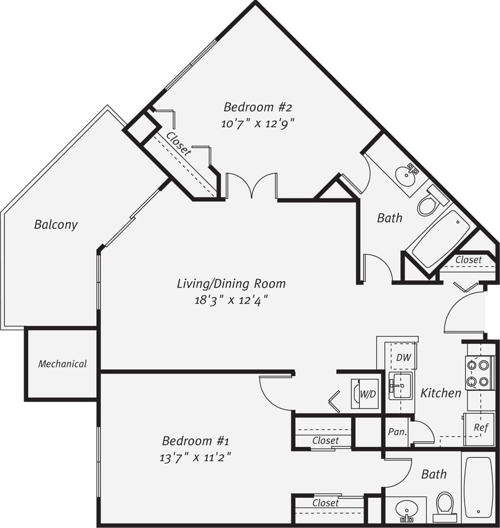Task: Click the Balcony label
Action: click(56, 224)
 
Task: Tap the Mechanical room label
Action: click(62, 364)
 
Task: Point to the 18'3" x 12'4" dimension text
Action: click(231, 300)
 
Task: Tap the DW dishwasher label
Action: click(403, 358)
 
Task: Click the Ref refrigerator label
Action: click(480, 427)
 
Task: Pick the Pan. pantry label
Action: click(397, 432)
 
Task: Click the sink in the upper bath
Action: click(406, 175)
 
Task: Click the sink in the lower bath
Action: click(406, 509)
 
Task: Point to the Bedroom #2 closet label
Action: click(179, 144)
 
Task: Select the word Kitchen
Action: click(441, 393)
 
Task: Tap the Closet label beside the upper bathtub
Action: click(469, 260)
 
